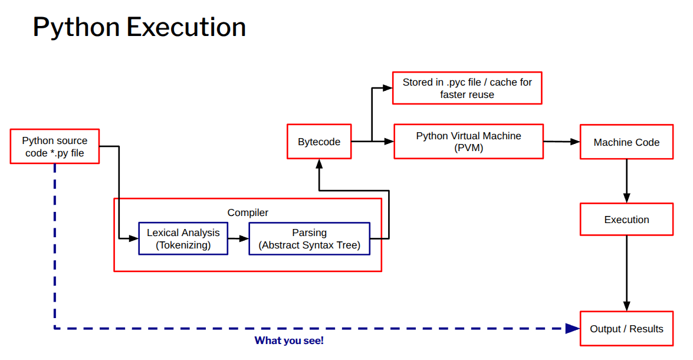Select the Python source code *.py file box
pyautogui.click(x=55, y=146)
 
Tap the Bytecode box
pyautogui.click(x=319, y=142)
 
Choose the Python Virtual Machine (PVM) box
pyautogui.click(x=468, y=142)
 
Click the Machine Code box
pyautogui.click(x=626, y=142)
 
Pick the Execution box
pyautogui.click(x=626, y=220)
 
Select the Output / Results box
pyautogui.click(x=626, y=329)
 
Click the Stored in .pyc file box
pyautogui.click(x=467, y=88)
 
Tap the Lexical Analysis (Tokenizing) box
pyautogui.click(x=183, y=238)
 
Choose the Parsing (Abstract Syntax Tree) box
pyautogui.click(x=310, y=238)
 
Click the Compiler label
pyautogui.click(x=248, y=212)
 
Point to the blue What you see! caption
pyautogui.click(x=289, y=341)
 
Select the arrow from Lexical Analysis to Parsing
pyautogui.click(x=238, y=238)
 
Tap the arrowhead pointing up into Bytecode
pyautogui.click(x=319, y=163)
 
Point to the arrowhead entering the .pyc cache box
pyautogui.click(x=387, y=88)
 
